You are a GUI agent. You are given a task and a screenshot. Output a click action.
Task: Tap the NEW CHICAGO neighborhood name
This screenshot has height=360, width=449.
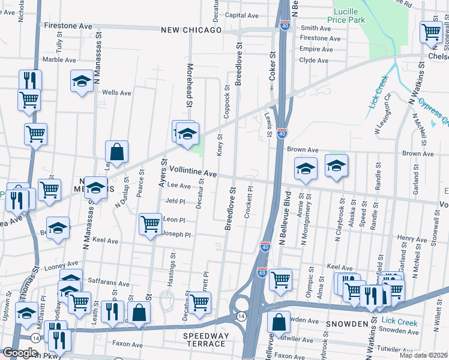pyautogui.click(x=191, y=29)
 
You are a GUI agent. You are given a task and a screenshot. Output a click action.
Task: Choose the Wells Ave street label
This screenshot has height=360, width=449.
pyautogui.click(x=116, y=93)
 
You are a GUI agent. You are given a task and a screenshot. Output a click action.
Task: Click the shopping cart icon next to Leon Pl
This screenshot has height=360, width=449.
pyautogui.click(x=151, y=224)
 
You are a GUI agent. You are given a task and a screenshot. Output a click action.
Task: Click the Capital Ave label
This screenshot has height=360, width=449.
pyautogui.click(x=241, y=16)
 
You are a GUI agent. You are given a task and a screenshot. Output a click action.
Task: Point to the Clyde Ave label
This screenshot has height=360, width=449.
pyautogui.click(x=313, y=61)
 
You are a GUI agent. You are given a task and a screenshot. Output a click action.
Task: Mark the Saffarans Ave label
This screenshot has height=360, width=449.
pyautogui.click(x=109, y=284)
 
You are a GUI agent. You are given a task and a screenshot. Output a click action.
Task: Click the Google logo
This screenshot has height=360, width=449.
pyautogui.click(x=20, y=353)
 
